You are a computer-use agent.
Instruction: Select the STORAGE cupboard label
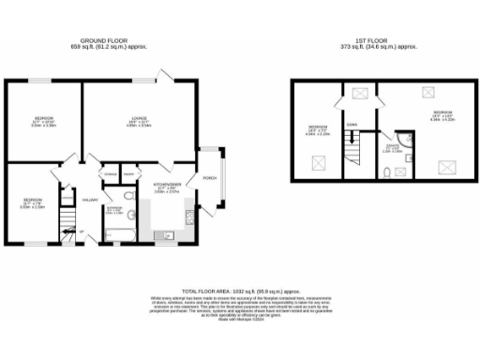click(110, 174)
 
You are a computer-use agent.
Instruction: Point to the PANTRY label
click(130, 174)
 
